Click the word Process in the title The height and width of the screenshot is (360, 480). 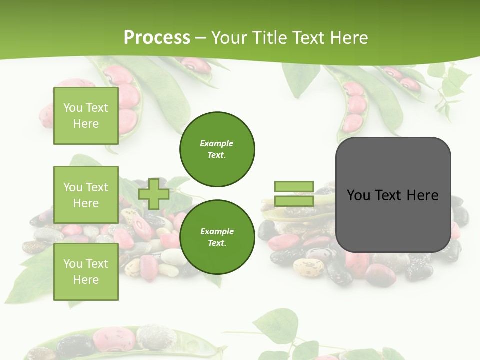pos(157,38)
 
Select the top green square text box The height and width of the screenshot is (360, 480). pos(86,116)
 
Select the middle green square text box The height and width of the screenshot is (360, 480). pos(86,195)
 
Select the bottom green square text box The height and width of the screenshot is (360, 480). pos(86,271)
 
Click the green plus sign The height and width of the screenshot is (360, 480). pos(154,194)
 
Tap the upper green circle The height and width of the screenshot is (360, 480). pos(217,149)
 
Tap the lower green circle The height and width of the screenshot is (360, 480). pos(217,237)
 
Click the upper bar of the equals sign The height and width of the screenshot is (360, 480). pos(294,187)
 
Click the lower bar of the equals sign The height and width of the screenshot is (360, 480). pos(294,201)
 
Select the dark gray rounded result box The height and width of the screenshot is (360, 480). pos(393,225)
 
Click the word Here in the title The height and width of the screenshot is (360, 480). pos(348,38)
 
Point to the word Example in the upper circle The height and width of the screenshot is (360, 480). pos(217,143)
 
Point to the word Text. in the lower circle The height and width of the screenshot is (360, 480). pos(217,243)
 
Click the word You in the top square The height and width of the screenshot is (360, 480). pos(72,108)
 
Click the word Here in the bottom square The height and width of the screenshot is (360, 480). pos(86,280)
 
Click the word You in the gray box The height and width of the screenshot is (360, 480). pos(358,195)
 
